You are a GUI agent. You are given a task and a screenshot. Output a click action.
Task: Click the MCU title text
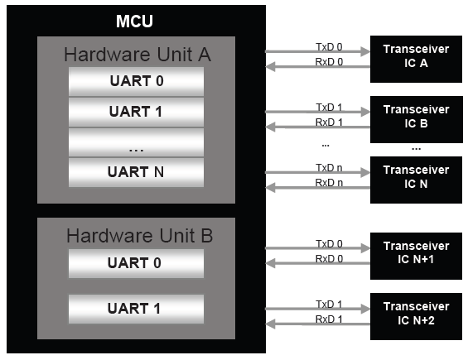pos(134,22)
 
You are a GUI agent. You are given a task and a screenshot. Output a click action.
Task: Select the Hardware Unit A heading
pos(138,55)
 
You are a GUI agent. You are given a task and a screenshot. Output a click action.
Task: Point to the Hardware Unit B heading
pos(139,236)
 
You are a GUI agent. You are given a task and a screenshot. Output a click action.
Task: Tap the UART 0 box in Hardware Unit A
pos(136,81)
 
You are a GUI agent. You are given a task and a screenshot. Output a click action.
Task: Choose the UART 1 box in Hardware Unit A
pos(136,112)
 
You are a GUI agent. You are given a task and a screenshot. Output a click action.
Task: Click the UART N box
pos(136,172)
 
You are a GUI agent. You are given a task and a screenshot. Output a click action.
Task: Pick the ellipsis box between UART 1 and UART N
pos(136,142)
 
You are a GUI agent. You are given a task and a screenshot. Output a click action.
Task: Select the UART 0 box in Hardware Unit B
pos(136,263)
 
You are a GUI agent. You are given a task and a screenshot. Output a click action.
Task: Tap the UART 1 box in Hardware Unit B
pos(136,309)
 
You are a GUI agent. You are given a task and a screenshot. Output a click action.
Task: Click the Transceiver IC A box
pos(416,59)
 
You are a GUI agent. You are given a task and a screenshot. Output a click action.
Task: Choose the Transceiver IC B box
pos(417,119)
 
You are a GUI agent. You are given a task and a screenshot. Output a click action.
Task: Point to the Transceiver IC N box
pos(416,180)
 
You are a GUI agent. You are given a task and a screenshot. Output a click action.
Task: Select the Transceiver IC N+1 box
pos(416,256)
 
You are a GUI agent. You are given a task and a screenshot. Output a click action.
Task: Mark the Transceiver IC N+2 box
pos(416,316)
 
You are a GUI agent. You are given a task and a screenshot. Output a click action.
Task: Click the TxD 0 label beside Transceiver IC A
pos(329,47)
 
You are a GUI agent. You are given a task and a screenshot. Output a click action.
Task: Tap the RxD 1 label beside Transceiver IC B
pos(329,122)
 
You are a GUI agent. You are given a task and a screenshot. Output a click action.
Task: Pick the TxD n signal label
pos(329,168)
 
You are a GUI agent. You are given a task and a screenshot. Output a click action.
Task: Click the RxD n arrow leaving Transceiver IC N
pos(317,188)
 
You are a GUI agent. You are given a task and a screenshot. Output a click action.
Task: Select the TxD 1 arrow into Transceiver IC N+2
pos(317,309)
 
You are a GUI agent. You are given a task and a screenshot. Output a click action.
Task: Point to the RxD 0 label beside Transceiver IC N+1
pos(329,258)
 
